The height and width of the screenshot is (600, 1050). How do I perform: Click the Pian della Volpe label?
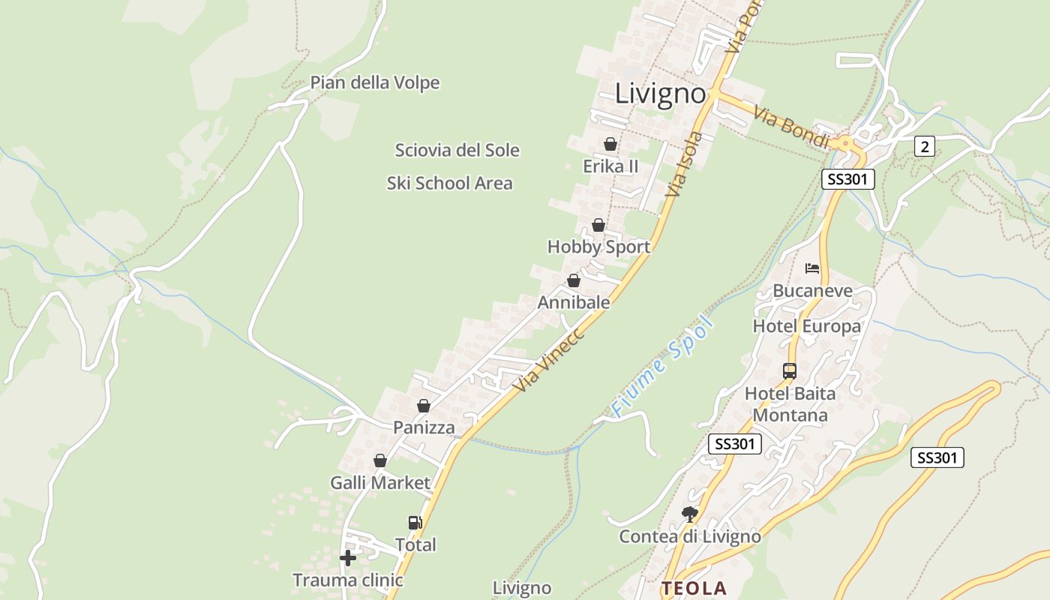pos(375,82)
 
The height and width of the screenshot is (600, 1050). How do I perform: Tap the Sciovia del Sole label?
pos(457,150)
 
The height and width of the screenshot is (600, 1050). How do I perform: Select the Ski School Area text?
pos(449,183)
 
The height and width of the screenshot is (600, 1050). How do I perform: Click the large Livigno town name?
pos(660,94)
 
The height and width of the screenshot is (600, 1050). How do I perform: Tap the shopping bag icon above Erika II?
pos(610,143)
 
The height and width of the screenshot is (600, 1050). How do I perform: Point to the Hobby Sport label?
pos(598,247)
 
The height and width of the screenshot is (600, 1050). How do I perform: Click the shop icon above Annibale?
pos(574,280)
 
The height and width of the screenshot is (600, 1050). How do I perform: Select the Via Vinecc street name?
pos(550,358)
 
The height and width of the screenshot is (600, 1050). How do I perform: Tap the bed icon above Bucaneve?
pos(812,268)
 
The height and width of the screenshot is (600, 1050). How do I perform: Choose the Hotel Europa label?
pos(806,326)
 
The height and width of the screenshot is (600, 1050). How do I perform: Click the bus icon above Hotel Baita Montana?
pos(789,370)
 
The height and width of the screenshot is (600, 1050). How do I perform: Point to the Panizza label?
pos(424,427)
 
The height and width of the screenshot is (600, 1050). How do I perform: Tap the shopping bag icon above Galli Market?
pos(380,460)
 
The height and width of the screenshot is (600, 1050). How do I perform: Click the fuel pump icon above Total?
pos(415,523)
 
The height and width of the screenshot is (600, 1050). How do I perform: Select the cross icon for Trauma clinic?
pos(348,557)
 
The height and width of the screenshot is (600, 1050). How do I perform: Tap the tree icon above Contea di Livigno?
pos(689,514)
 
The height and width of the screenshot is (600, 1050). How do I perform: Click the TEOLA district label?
pos(694,589)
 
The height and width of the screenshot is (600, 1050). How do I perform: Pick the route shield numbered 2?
pos(924,147)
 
